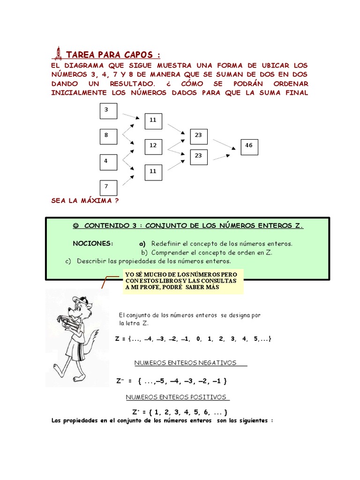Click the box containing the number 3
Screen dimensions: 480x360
(x=108, y=112)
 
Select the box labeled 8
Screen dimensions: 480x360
(x=108, y=136)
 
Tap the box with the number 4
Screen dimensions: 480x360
(x=108, y=162)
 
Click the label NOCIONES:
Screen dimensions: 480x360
(x=93, y=244)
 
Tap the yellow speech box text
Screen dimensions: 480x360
(x=183, y=280)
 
